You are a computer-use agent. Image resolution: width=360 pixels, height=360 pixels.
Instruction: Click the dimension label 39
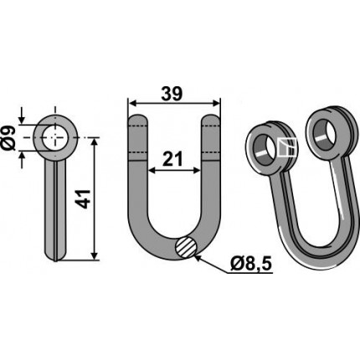(172, 94)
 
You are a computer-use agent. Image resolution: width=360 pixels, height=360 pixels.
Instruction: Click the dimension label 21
(172, 159)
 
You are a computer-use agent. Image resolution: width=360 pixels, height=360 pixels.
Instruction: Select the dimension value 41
(84, 199)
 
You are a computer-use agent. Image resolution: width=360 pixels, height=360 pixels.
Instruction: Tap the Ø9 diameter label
(9, 138)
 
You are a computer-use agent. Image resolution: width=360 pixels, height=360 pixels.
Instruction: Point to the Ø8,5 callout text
(251, 264)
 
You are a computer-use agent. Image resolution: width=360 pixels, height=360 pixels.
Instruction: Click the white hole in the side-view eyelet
(55, 138)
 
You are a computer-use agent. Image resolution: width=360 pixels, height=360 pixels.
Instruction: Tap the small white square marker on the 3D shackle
(287, 147)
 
